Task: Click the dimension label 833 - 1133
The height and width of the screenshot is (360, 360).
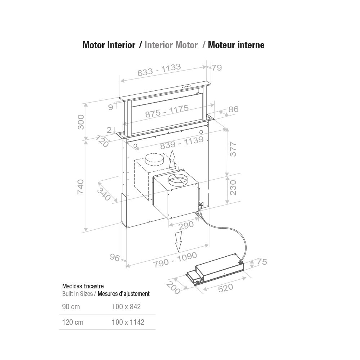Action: click(159, 70)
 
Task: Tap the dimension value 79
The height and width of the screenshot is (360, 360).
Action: click(216, 68)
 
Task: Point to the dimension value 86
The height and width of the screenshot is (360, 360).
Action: click(233, 109)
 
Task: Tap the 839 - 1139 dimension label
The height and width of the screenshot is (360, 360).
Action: click(182, 143)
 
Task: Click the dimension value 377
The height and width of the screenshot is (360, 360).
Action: click(233, 149)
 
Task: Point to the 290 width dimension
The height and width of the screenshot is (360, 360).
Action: click(186, 225)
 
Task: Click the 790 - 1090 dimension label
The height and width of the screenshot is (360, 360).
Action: click(175, 259)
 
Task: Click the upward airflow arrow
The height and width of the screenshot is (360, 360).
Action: click(172, 160)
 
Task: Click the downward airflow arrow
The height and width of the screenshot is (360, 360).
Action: click(178, 241)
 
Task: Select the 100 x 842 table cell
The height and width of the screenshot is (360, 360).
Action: click(126, 307)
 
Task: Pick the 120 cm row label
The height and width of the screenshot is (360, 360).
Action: click(73, 322)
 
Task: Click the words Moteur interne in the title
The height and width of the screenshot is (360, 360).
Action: click(236, 45)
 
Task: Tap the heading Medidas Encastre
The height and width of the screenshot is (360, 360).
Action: click(83, 286)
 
